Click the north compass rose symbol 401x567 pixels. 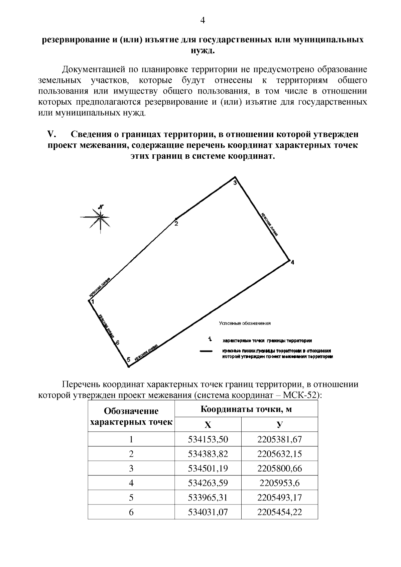(100, 217)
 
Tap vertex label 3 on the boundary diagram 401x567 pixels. (235, 183)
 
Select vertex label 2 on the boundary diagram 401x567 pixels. (176, 224)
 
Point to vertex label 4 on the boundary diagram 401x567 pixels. (292, 262)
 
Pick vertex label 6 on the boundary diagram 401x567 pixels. (118, 342)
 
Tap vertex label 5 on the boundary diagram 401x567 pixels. (128, 360)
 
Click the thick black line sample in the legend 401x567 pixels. (206, 351)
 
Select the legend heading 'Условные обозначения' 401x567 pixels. (245, 323)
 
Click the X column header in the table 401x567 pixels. (208, 425)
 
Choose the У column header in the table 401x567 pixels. (279, 425)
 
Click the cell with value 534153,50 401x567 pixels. (208, 439)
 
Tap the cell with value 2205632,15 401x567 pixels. (279, 454)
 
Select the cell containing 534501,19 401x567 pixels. (208, 468)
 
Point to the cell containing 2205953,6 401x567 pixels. (279, 483)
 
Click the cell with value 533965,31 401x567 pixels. (208, 498)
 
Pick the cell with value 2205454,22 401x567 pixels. (279, 512)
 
